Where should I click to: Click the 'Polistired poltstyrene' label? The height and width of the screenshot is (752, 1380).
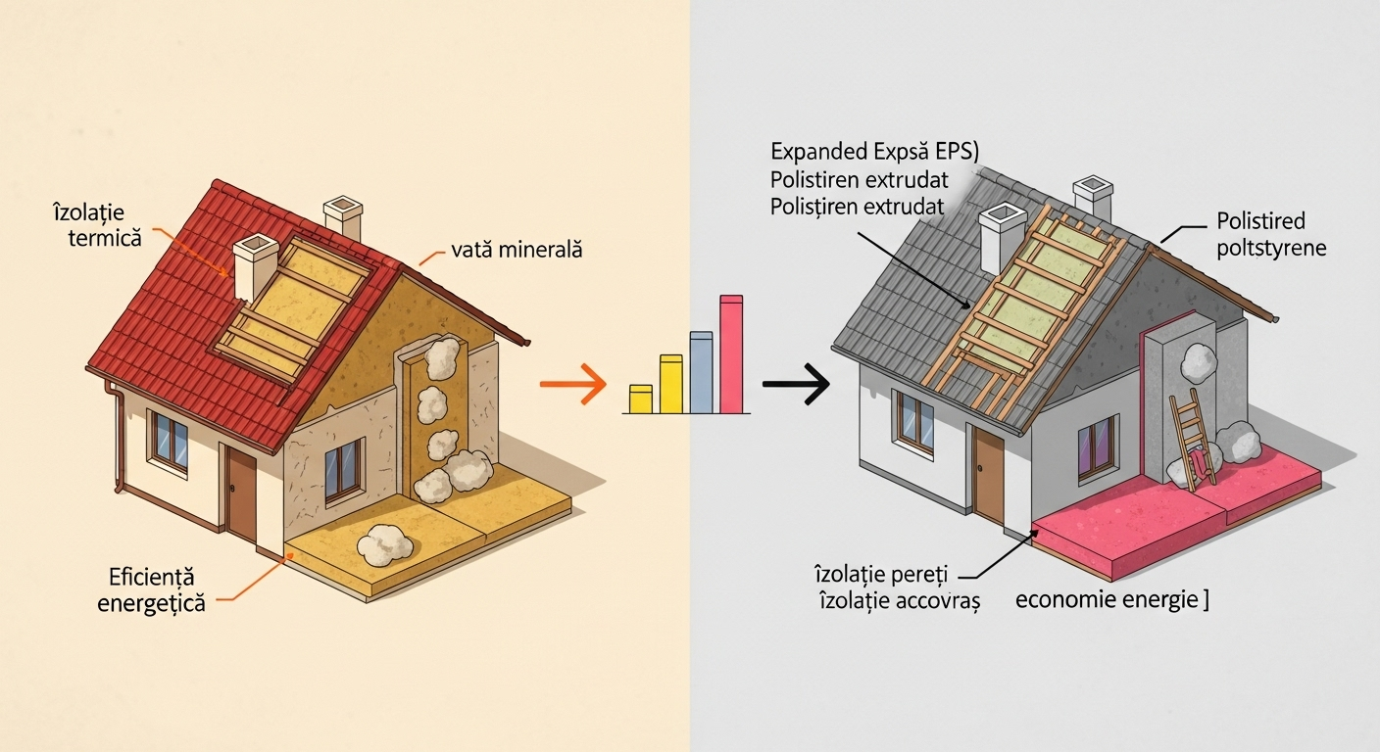pos(1270,234)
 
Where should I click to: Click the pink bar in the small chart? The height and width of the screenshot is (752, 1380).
pos(732,353)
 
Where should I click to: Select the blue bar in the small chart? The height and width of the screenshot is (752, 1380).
pos(701,372)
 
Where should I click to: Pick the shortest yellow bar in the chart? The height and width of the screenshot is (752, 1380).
pos(640,399)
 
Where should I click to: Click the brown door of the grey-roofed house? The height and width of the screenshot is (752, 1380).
pos(989,477)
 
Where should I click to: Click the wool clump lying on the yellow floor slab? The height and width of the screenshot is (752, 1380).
pos(385,544)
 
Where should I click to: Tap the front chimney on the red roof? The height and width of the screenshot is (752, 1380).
pos(255,267)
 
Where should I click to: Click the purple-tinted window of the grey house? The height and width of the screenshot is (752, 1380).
pos(1097,447)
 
